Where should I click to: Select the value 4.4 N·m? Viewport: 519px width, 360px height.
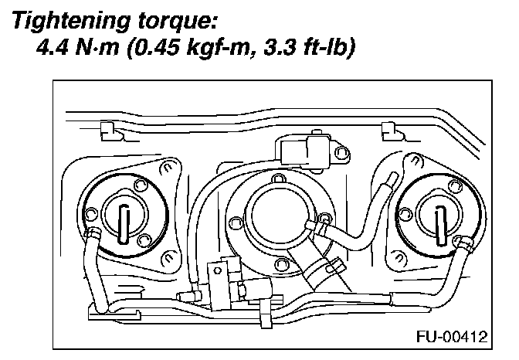pos(77,52)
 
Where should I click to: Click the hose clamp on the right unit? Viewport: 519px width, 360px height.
pos(465,245)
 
